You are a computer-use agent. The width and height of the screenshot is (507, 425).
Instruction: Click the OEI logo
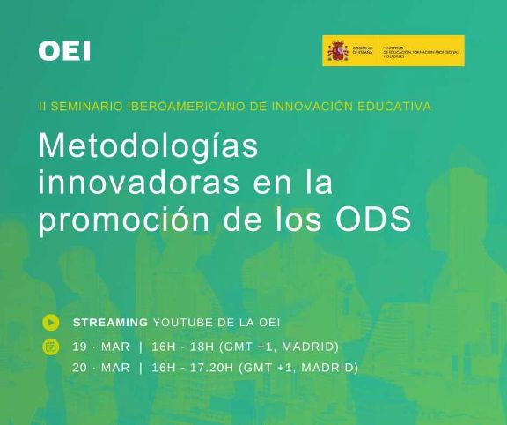(x=64, y=51)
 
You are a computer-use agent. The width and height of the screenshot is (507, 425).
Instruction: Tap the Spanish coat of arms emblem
(x=337, y=52)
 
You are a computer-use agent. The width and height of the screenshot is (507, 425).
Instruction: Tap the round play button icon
(x=51, y=322)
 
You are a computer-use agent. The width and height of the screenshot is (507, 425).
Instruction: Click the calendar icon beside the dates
(x=51, y=346)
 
